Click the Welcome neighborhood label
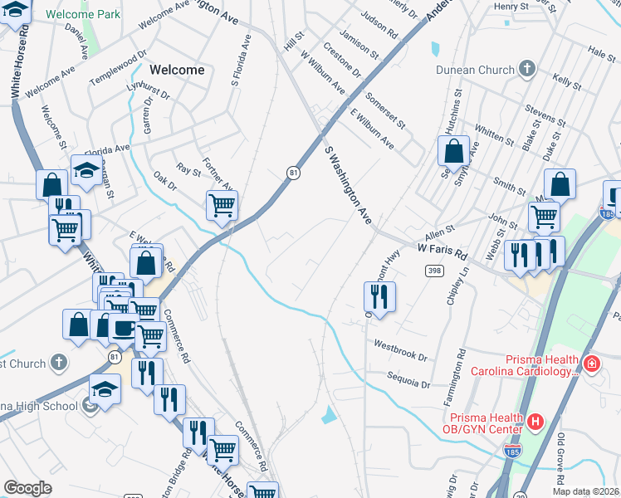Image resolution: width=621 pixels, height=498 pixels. point(177,70)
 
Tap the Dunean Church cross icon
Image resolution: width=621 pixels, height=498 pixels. point(526,69)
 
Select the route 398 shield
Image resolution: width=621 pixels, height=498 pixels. point(433,271)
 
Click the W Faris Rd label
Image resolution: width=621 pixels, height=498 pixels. point(443,248)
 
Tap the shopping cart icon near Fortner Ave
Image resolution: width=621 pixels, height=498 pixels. point(222,204)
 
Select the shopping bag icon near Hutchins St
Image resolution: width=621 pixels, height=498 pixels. point(453,151)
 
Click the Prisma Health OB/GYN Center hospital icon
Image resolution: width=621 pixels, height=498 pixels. point(535,422)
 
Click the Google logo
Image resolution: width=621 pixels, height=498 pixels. point(28,488)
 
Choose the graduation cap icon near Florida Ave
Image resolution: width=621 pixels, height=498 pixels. point(86,169)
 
